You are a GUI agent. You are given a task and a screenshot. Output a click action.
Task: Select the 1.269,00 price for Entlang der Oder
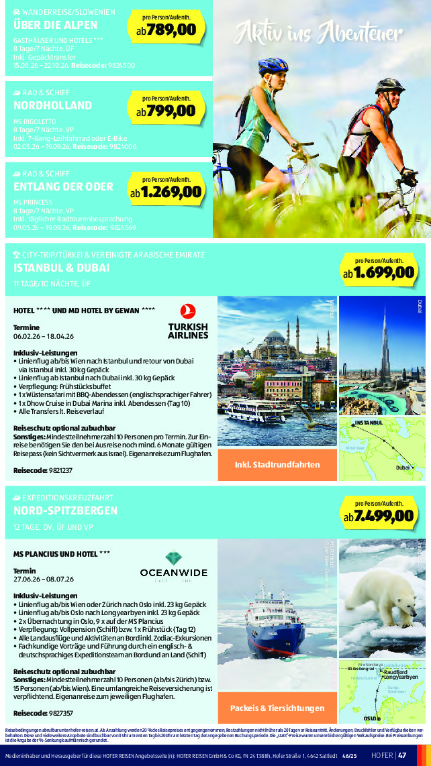171,192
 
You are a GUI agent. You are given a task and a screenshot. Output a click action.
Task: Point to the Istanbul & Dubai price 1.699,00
385,272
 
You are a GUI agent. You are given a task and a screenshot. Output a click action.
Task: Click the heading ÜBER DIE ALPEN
56,25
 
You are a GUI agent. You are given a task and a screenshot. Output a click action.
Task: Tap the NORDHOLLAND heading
52,106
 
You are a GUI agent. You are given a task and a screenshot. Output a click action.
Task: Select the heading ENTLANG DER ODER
64,186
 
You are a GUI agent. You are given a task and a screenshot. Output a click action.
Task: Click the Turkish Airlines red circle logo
188,311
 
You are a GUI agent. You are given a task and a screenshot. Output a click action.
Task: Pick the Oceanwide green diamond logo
173,559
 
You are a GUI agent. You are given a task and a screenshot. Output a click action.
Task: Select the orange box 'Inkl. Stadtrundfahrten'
277,464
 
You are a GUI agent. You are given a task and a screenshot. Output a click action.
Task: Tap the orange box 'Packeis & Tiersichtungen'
277,708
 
